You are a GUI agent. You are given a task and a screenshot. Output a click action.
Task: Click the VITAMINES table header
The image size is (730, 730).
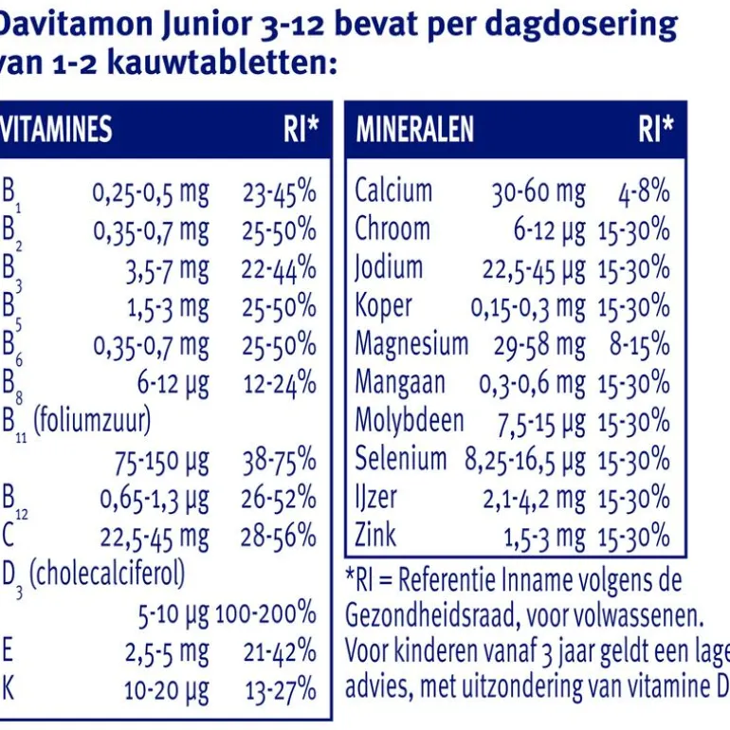tap(57, 129)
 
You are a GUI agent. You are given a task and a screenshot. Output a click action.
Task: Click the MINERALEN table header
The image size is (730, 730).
tap(414, 129)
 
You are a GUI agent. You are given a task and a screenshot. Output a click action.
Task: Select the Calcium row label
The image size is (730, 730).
tap(393, 191)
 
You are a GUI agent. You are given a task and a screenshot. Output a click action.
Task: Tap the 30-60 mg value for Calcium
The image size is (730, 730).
tap(538, 192)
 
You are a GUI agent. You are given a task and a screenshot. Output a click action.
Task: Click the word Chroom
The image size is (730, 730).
tap(392, 229)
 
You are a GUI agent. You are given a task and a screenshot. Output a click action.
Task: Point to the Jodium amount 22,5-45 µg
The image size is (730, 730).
tap(534, 269)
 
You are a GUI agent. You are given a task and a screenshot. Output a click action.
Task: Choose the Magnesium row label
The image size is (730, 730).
tap(411, 344)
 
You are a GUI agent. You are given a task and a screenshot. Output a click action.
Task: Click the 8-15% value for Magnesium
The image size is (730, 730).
tap(640, 345)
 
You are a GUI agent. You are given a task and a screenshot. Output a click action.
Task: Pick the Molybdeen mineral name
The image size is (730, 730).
tap(410, 421)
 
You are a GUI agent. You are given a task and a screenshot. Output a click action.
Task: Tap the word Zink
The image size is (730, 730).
tap(375, 536)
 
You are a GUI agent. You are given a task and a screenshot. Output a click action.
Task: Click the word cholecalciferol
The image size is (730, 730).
tap(107, 574)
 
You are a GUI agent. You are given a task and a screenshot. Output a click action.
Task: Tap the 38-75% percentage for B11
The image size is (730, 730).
tap(279, 462)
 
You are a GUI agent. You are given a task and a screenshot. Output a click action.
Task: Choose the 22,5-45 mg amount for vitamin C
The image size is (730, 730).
tap(155, 538)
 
